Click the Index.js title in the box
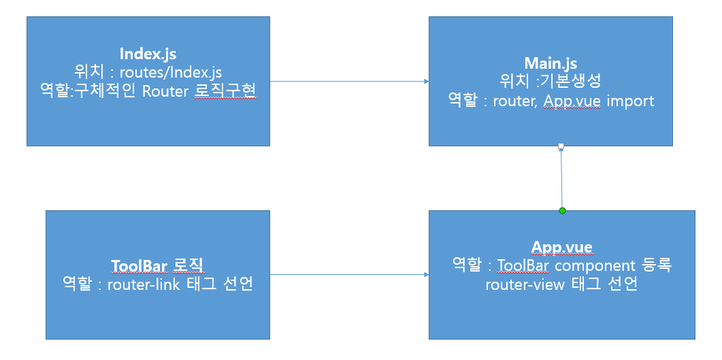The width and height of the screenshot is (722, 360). click(x=148, y=54)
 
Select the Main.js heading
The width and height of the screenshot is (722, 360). click(x=551, y=63)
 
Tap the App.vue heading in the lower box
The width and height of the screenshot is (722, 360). click(x=561, y=246)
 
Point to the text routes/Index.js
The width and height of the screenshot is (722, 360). click(x=171, y=72)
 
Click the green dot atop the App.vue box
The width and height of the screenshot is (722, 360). click(x=562, y=210)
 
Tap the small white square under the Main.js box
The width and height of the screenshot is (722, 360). click(x=560, y=146)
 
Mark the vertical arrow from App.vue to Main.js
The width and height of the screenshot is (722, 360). click(x=561, y=178)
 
